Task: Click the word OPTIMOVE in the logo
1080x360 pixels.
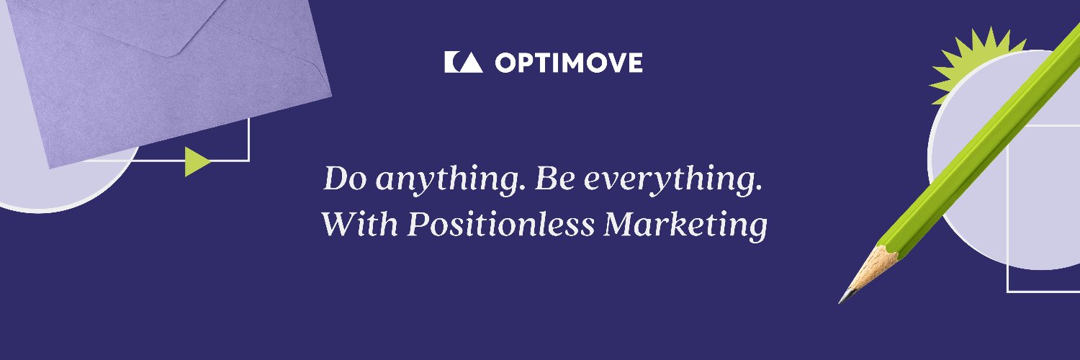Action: pyautogui.click(x=569, y=63)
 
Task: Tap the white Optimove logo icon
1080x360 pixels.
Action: pyautogui.click(x=463, y=63)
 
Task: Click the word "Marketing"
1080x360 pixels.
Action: pyautogui.click(x=685, y=225)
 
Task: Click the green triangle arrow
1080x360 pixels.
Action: pyautogui.click(x=196, y=161)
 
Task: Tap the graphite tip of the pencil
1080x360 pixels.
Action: pyautogui.click(x=845, y=298)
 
